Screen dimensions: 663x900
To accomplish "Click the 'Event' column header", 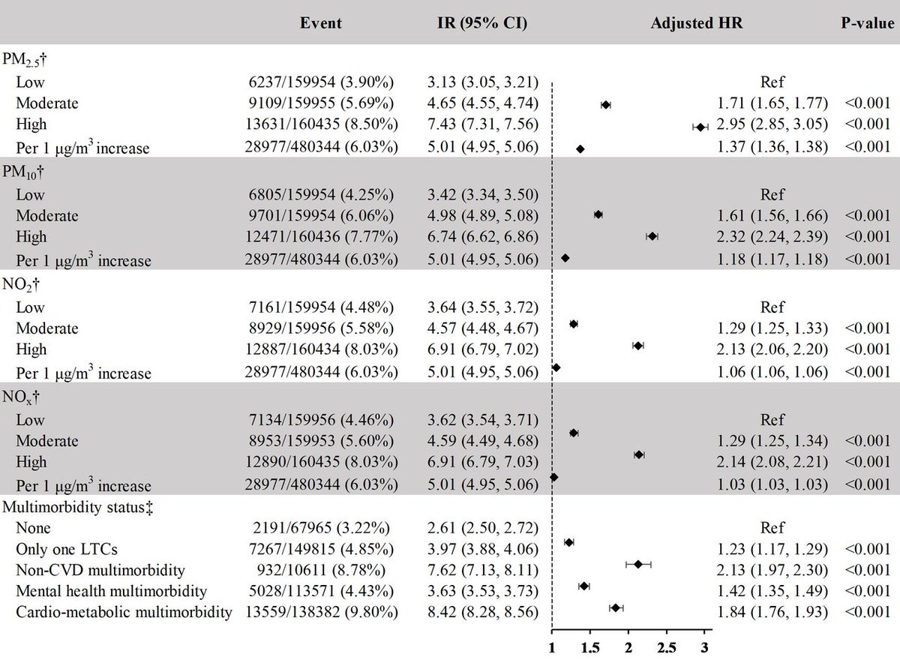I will point(320,22).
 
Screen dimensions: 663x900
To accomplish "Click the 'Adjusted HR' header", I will point(697,22).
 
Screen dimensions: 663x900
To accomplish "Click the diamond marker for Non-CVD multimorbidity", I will point(638,564).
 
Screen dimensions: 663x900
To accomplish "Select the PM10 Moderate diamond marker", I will point(598,214).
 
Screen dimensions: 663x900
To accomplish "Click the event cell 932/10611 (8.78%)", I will point(320,564).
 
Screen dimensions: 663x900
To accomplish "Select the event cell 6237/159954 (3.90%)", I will point(320,83).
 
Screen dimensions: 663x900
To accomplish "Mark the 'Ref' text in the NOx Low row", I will point(772,419).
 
